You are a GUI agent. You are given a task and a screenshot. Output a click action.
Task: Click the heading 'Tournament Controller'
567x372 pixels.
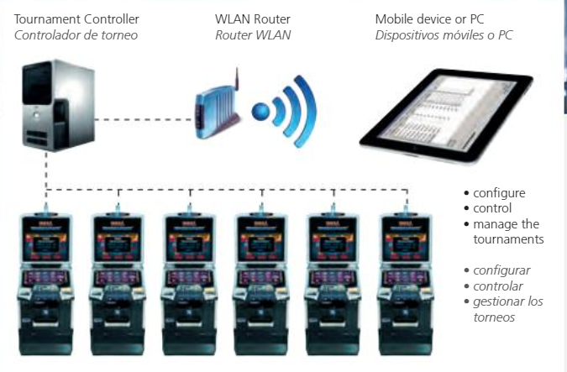tap(76, 18)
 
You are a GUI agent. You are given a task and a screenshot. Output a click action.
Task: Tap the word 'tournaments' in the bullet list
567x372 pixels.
tap(508, 239)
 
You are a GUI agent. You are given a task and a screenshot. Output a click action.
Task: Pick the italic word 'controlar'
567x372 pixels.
tap(497, 286)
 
